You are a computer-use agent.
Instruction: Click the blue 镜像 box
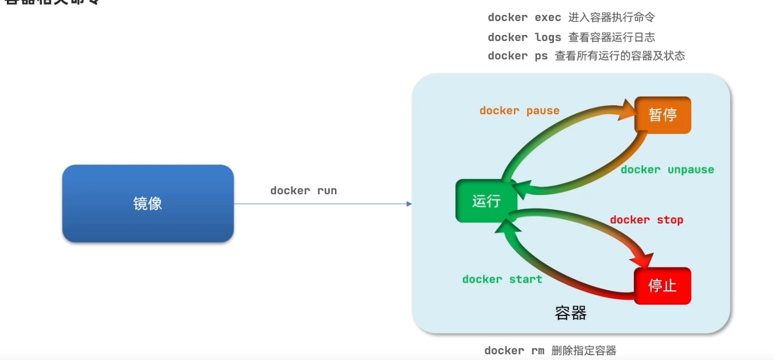(147, 203)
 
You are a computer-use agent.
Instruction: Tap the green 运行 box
(486, 201)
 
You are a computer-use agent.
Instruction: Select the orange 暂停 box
(663, 115)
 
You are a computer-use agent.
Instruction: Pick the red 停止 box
(663, 286)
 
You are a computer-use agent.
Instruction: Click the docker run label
(304, 190)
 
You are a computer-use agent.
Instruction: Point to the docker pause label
(519, 110)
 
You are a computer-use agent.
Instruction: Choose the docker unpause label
(667, 169)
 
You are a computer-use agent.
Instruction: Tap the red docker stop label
(647, 219)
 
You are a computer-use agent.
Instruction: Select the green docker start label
(502, 279)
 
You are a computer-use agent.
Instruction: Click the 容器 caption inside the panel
(570, 313)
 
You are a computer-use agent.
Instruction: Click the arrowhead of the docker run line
(409, 203)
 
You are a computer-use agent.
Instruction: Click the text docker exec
(524, 18)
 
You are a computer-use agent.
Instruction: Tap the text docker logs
(524, 37)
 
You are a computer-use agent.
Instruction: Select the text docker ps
(517, 55)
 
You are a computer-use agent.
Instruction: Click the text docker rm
(514, 350)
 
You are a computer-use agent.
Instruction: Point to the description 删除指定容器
(584, 350)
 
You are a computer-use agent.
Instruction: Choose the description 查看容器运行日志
(611, 37)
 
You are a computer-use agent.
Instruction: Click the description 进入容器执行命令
(611, 18)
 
